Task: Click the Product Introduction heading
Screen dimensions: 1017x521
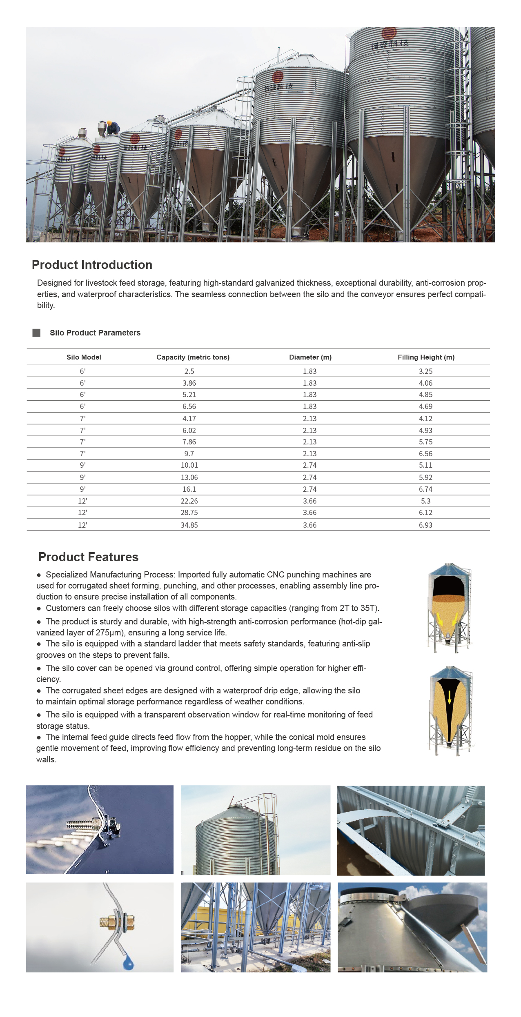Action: tap(92, 265)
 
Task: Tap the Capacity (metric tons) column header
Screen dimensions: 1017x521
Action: tap(193, 357)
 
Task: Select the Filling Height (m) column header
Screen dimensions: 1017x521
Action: tap(426, 357)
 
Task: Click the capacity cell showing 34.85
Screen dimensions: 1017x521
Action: tap(189, 525)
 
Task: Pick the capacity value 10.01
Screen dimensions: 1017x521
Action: tap(189, 465)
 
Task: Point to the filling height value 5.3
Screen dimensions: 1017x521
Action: tap(425, 501)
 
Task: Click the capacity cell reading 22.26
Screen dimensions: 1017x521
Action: tap(189, 501)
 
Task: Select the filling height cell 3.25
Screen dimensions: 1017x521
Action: tap(425, 371)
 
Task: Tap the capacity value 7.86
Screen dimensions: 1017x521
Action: tap(189, 442)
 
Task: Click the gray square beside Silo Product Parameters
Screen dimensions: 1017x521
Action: tap(36, 333)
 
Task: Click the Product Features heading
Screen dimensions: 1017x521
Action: tap(88, 557)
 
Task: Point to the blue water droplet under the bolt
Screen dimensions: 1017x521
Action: tap(128, 964)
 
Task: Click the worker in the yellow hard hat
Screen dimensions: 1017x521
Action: tap(113, 128)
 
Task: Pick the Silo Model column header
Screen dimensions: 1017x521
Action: tap(84, 357)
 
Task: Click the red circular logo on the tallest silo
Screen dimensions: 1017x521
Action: tap(389, 33)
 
